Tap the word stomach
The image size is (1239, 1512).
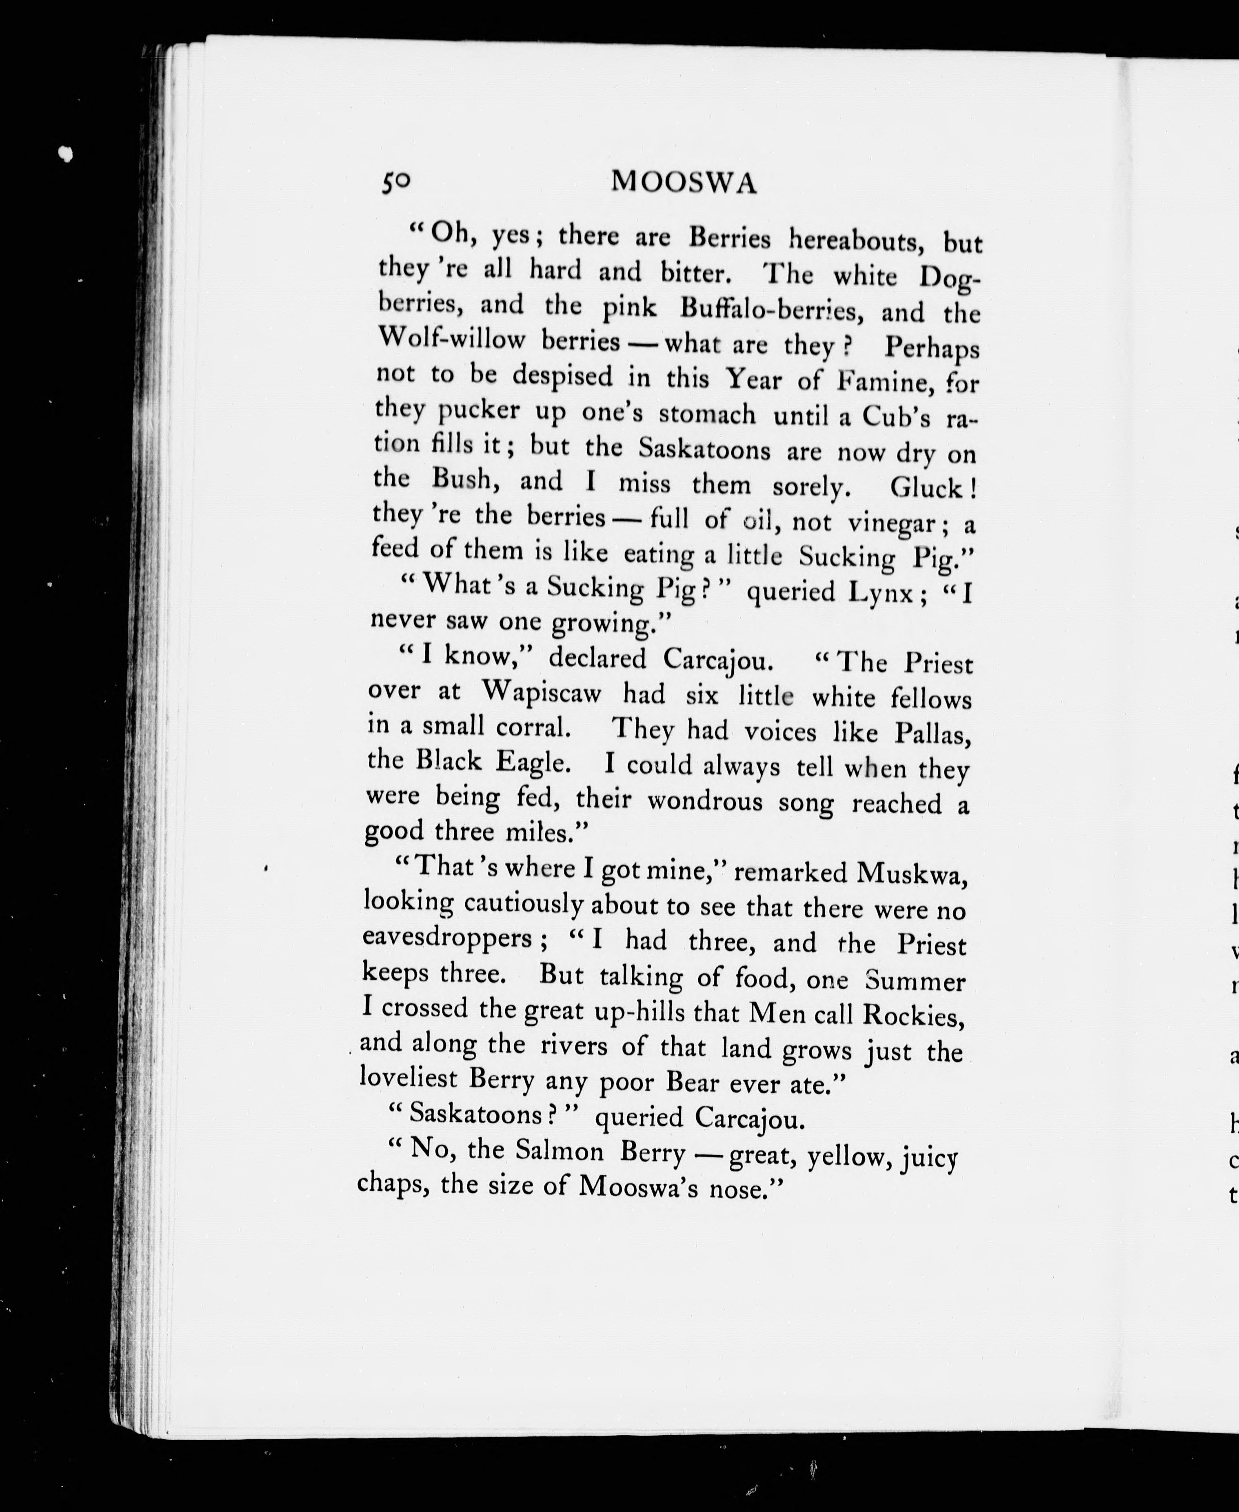point(706,414)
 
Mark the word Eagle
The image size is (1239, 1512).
point(533,762)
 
